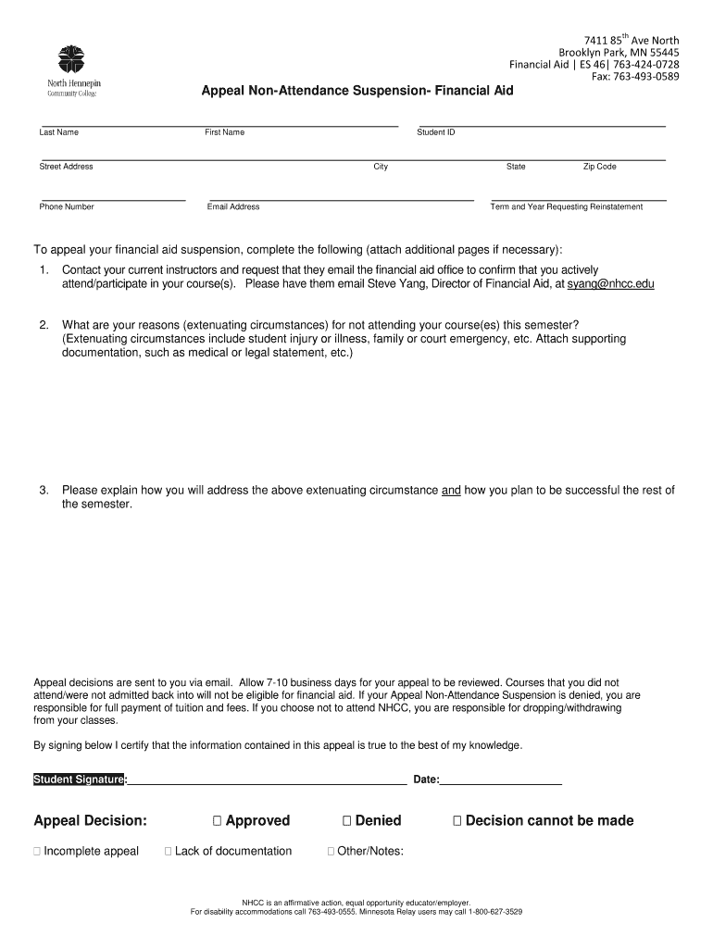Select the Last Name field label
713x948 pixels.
point(58,132)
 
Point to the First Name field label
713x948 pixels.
point(225,132)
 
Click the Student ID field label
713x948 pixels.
point(436,132)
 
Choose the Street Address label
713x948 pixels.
point(66,167)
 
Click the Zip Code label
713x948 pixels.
point(599,167)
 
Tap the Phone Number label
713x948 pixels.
point(67,206)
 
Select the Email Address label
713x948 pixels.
point(233,206)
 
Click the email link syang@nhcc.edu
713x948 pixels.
point(610,284)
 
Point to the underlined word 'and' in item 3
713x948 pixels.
point(451,491)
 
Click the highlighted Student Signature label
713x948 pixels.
point(79,780)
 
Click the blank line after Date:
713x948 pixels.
point(501,780)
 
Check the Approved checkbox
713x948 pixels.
point(217,821)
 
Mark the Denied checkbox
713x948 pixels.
point(347,821)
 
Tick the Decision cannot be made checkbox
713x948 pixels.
point(457,821)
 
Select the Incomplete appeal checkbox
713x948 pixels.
point(37,852)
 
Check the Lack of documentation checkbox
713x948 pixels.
point(169,852)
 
